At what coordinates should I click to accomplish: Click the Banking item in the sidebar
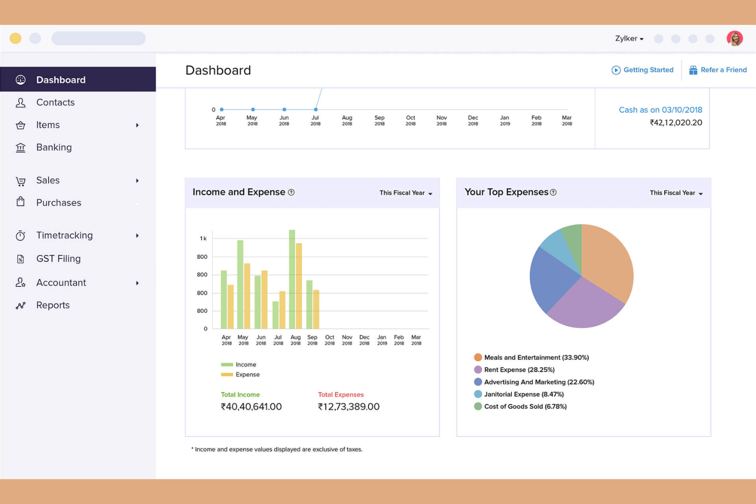pyautogui.click(x=54, y=148)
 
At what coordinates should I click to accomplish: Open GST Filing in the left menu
pyautogui.click(x=58, y=259)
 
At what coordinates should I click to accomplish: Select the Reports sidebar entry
pyautogui.click(x=53, y=305)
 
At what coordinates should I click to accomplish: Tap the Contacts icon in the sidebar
pyautogui.click(x=20, y=103)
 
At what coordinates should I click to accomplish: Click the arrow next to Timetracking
pyautogui.click(x=137, y=236)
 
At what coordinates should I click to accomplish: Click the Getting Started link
pyautogui.click(x=643, y=70)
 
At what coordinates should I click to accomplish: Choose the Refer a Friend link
pyautogui.click(x=718, y=70)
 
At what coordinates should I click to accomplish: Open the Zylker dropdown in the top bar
pyautogui.click(x=629, y=39)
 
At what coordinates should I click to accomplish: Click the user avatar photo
pyautogui.click(x=735, y=38)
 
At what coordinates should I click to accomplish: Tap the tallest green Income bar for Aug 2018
pyautogui.click(x=292, y=280)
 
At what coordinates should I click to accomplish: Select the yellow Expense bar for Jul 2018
pyautogui.click(x=282, y=310)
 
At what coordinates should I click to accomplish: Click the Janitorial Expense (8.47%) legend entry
pyautogui.click(x=524, y=394)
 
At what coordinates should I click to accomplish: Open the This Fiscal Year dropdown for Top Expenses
pyautogui.click(x=676, y=193)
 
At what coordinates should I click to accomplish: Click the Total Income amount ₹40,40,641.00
pyautogui.click(x=251, y=407)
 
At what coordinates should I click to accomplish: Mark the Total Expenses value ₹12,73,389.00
pyautogui.click(x=348, y=407)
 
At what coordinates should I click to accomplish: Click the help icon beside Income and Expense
pyautogui.click(x=291, y=193)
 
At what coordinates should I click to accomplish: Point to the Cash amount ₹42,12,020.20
pyautogui.click(x=675, y=123)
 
